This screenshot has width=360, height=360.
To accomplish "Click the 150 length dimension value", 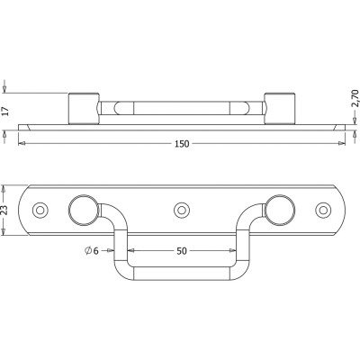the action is [x=182, y=144].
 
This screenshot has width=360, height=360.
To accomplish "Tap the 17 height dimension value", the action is [x=5, y=112].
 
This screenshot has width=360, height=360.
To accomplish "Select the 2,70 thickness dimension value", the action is [x=355, y=98].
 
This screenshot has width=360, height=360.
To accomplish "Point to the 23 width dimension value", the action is [x=4, y=211].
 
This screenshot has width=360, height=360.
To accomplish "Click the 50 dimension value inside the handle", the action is [x=182, y=251].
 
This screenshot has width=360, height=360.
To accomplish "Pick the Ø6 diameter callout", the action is [x=92, y=250].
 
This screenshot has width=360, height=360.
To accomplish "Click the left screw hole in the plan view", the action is [x=40, y=210].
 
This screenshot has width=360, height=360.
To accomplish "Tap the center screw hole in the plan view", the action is [x=181, y=210].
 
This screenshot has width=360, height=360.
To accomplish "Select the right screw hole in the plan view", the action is [x=323, y=210].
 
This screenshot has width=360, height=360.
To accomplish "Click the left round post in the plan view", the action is [x=84, y=210].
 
